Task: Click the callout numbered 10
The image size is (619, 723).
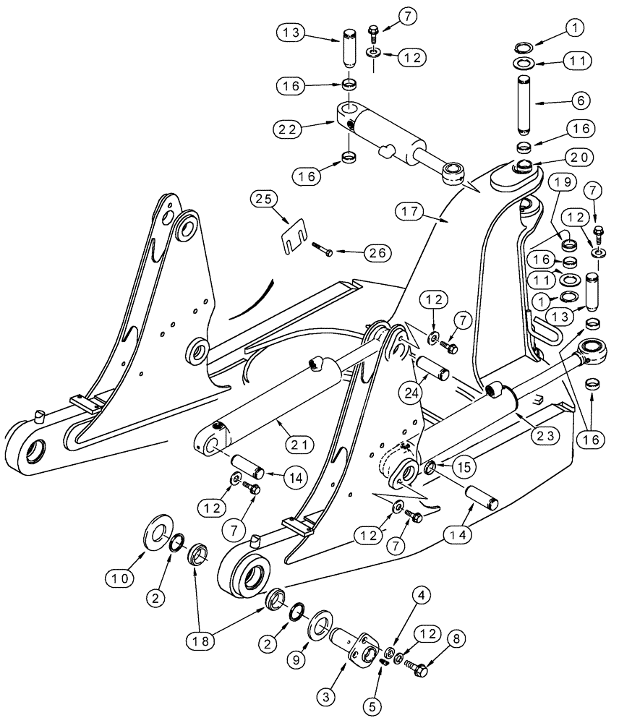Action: pos(119,577)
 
